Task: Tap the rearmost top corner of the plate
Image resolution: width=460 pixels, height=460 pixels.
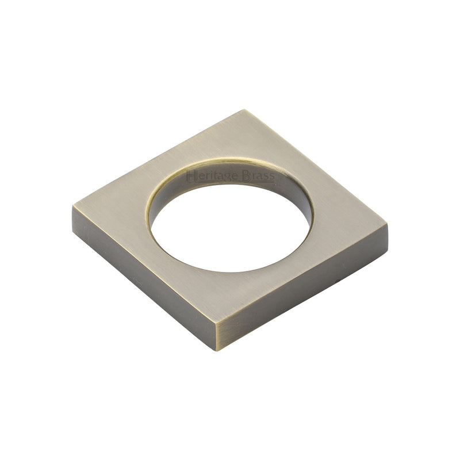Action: click(245, 110)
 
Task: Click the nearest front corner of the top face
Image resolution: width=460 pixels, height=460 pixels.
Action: click(217, 323)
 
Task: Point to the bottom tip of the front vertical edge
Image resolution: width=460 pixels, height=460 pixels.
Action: click(217, 350)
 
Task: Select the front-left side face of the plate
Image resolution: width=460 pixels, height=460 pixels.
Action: click(144, 276)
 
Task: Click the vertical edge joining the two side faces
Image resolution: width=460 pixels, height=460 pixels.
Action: click(217, 336)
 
